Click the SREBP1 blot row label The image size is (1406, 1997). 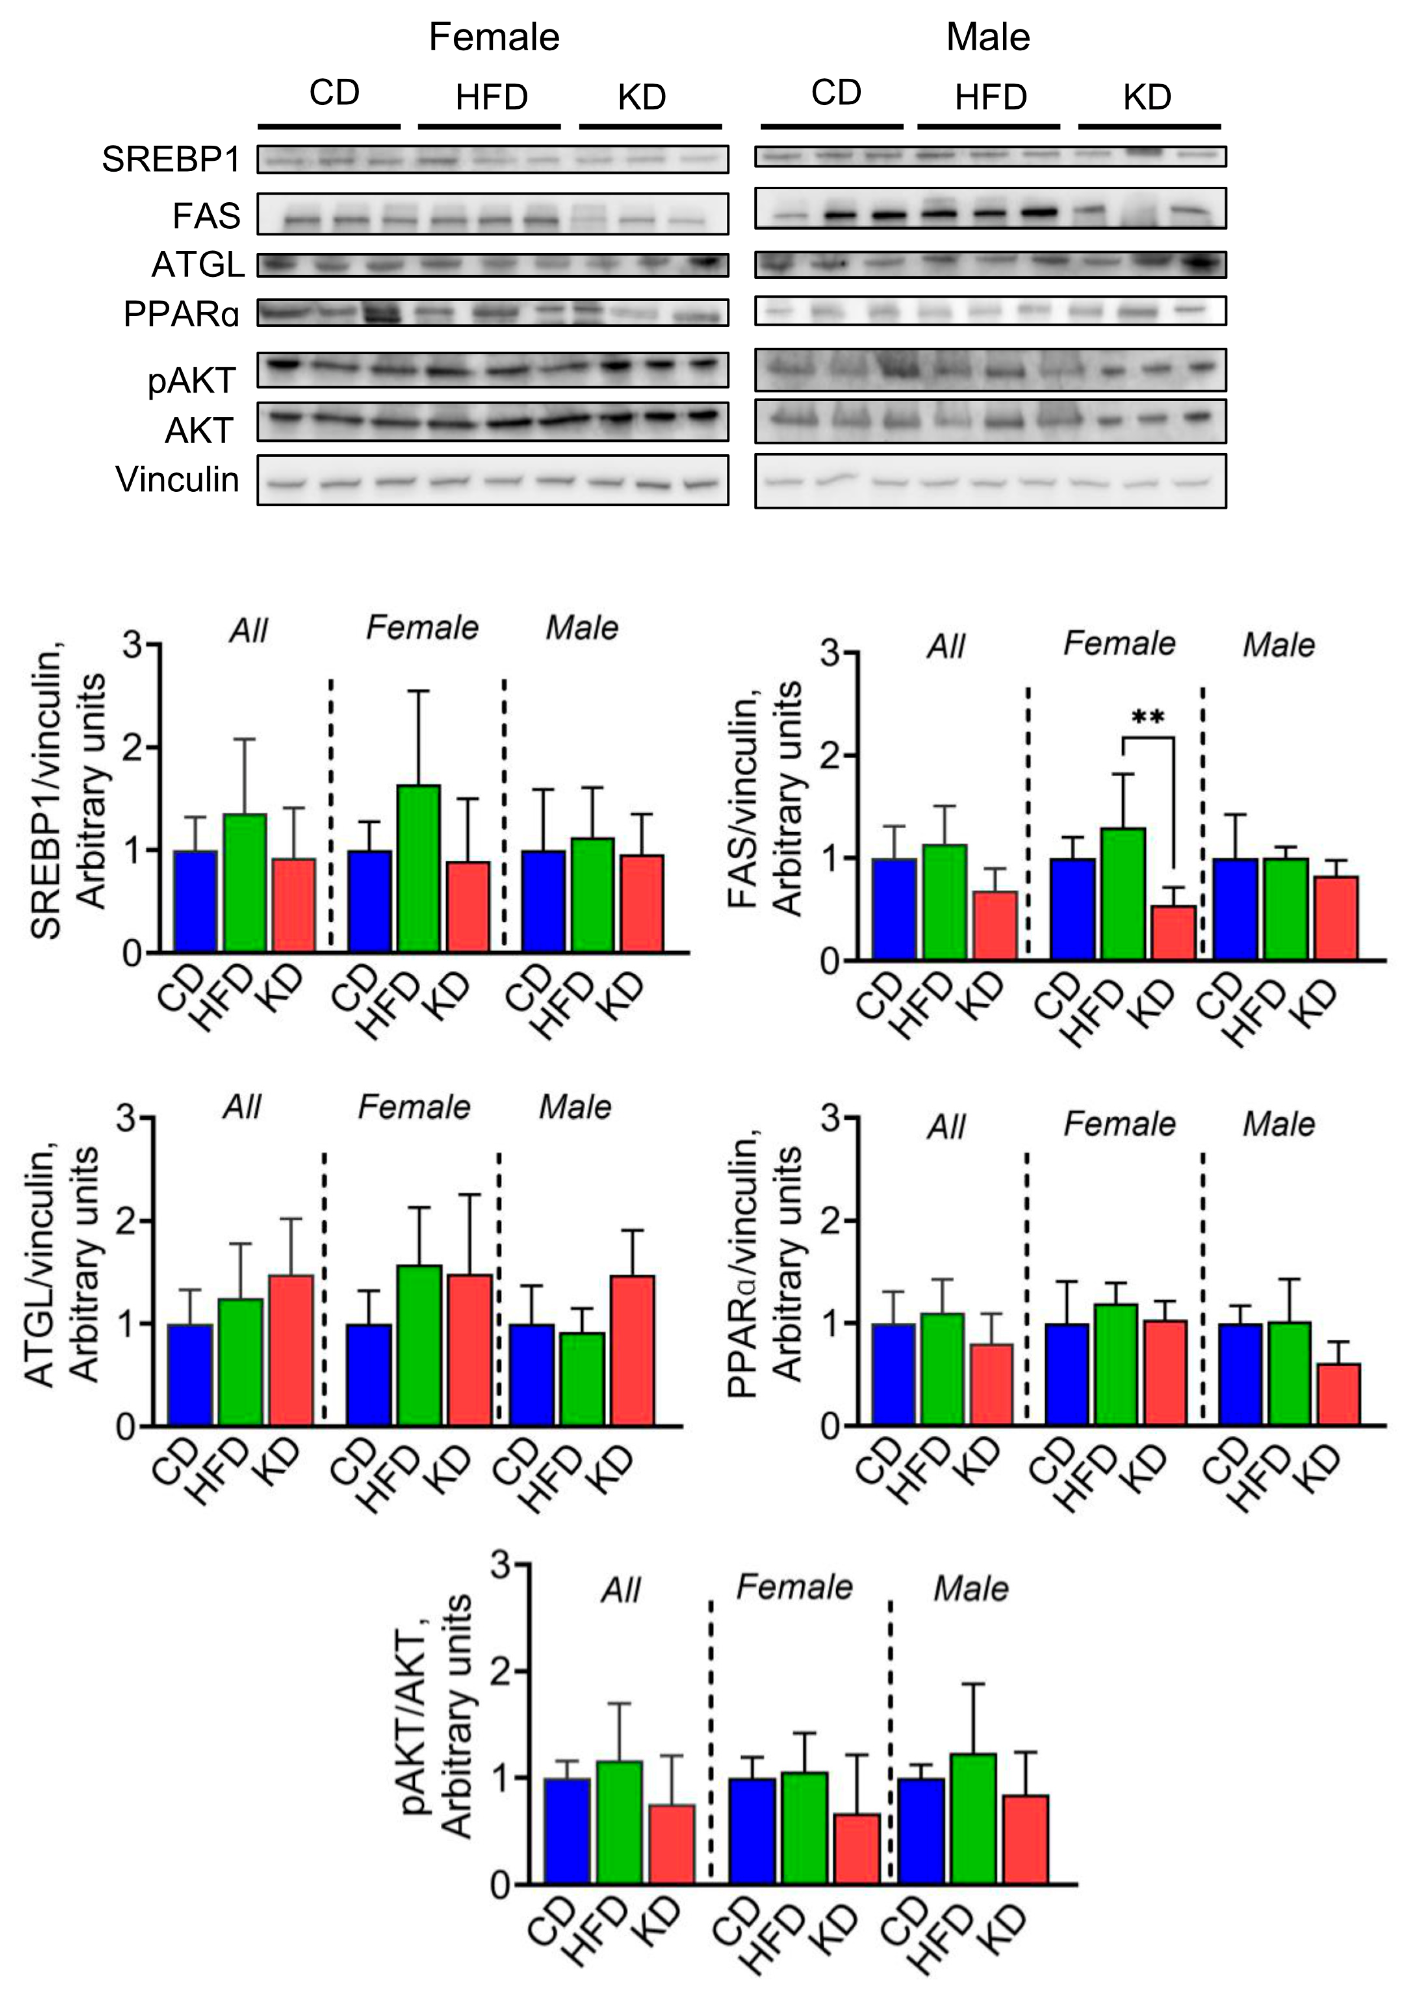(170, 160)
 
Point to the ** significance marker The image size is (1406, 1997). (1148, 718)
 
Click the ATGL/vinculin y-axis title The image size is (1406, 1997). (61, 1266)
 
